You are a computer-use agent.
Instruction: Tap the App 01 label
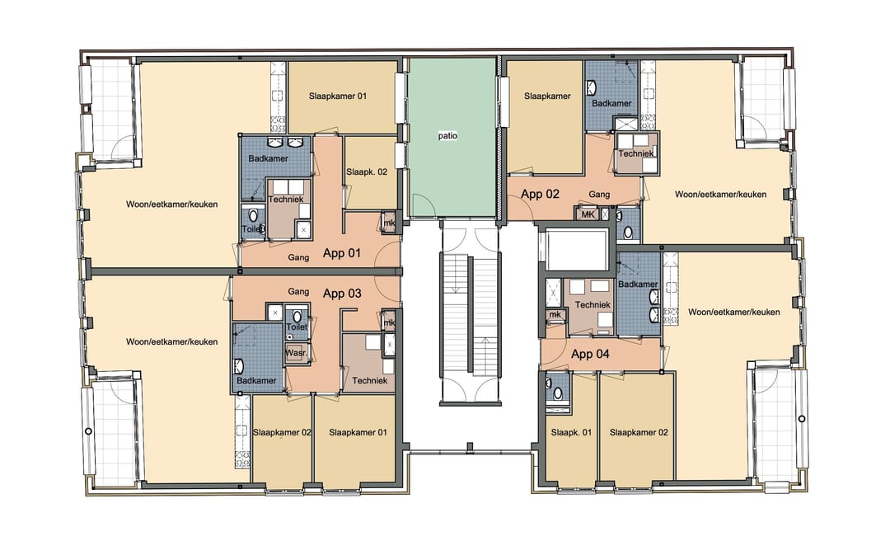tap(342, 253)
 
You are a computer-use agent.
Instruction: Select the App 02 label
tap(540, 195)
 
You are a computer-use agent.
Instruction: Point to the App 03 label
tap(342, 293)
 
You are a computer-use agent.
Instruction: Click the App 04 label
tap(590, 354)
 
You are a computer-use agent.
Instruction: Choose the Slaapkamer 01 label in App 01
tap(338, 96)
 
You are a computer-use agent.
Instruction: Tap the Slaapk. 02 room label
tap(367, 172)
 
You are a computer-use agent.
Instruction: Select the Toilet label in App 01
tap(252, 229)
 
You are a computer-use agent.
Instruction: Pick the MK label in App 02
tap(588, 214)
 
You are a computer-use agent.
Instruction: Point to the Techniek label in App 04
tap(593, 305)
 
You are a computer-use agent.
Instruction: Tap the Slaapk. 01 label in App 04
tap(570, 432)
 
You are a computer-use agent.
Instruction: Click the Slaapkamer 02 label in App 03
tap(282, 432)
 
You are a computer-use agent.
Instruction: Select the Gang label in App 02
tap(599, 195)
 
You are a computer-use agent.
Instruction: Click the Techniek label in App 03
tap(369, 380)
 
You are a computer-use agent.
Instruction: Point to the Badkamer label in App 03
tap(251, 380)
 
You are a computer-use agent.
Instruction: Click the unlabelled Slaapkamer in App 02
tap(547, 96)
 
